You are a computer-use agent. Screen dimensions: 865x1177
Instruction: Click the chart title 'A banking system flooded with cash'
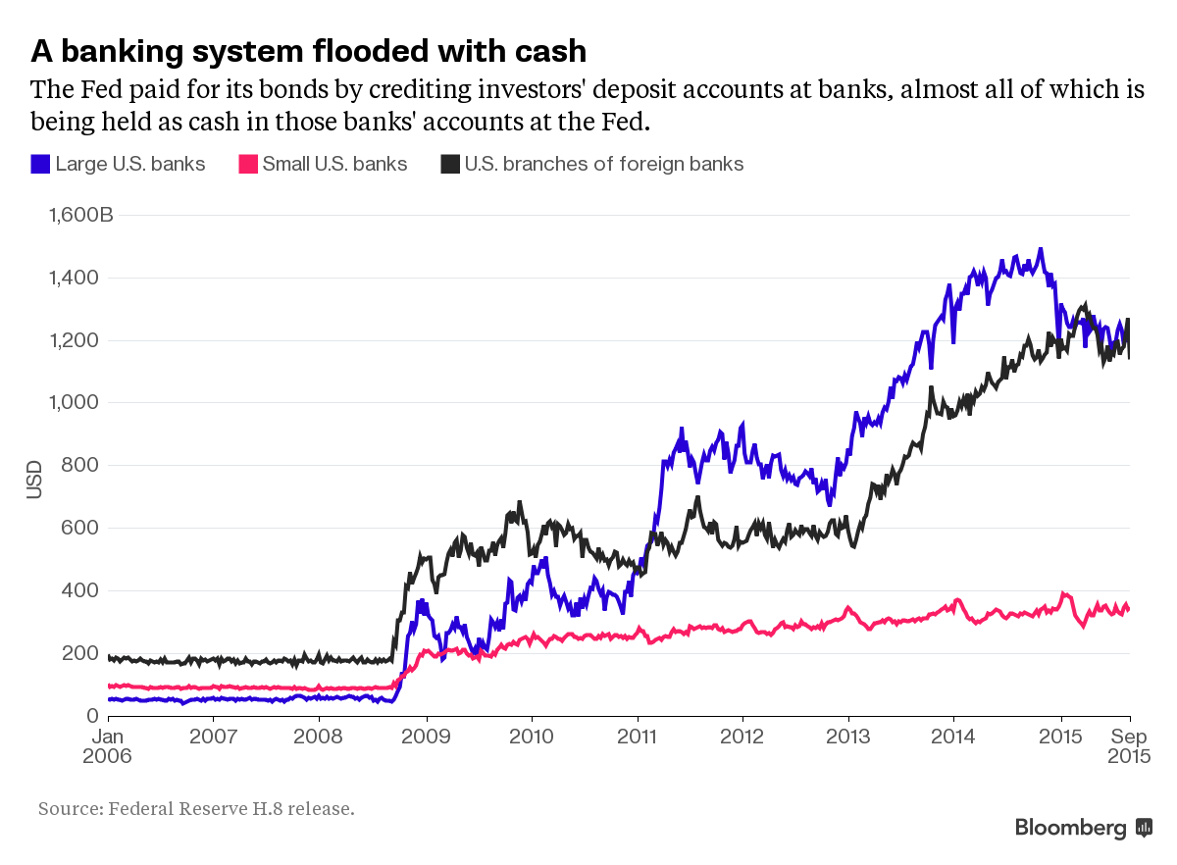308,51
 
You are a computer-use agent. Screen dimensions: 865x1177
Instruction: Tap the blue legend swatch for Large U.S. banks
40,165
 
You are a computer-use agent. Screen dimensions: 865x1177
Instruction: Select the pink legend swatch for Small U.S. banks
247,165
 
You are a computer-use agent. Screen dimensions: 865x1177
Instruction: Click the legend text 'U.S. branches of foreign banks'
604,165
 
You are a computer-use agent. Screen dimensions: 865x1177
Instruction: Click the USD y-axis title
34,480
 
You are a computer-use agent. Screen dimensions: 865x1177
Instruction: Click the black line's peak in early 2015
1083,306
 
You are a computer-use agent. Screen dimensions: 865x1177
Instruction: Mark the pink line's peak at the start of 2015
1064,593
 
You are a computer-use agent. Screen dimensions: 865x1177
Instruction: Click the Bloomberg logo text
1070,828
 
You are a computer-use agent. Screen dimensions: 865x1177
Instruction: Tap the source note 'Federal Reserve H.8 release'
231,809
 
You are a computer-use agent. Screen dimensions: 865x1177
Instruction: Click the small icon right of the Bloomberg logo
1144,828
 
